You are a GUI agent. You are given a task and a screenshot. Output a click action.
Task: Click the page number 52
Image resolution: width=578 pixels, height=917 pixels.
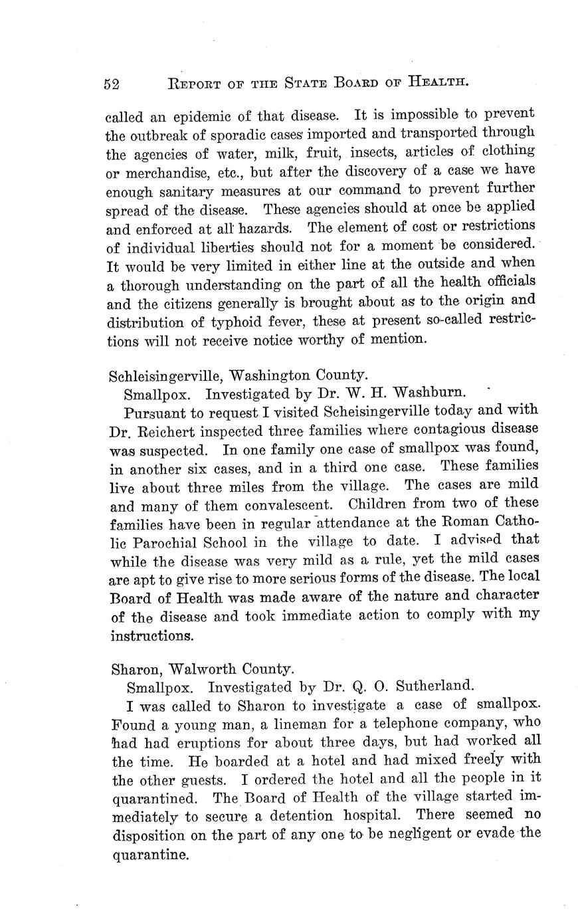(111, 83)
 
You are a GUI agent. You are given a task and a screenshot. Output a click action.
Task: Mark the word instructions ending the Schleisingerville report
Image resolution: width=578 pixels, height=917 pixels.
(152, 635)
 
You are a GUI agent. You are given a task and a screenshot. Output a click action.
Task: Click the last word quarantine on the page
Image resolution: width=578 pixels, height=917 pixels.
(148, 855)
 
